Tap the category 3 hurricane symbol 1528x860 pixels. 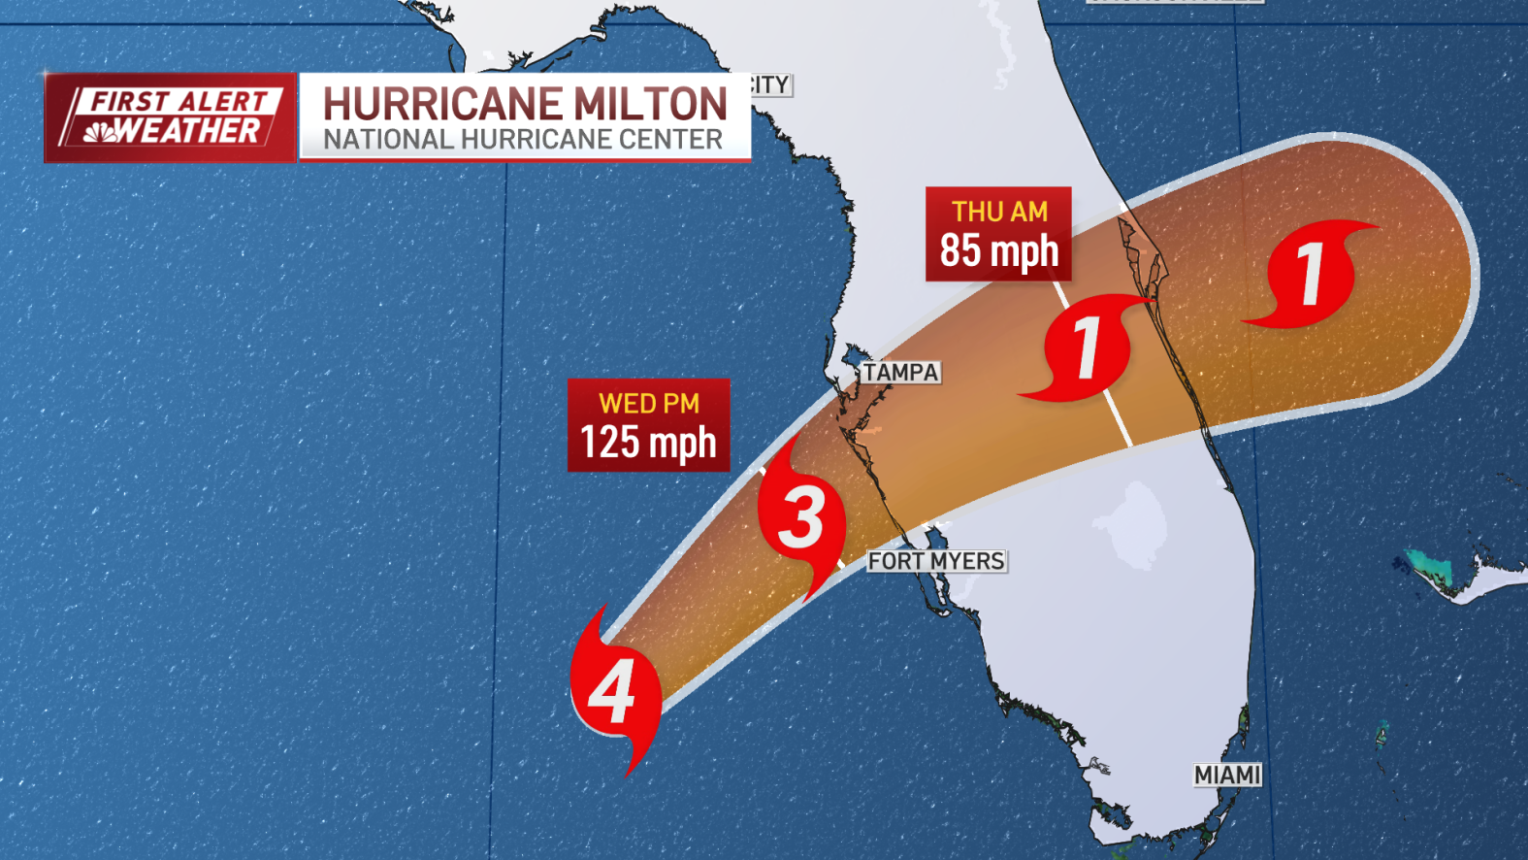(801, 515)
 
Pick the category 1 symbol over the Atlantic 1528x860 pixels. (1311, 274)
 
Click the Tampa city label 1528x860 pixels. (901, 373)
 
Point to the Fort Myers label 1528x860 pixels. (936, 561)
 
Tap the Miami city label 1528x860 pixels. (1227, 775)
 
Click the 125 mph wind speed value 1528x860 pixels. (648, 443)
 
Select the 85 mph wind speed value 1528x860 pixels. (998, 250)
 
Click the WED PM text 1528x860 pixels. (648, 403)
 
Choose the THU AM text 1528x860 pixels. (999, 212)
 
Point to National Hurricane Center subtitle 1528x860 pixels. (523, 140)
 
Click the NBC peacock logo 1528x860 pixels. (99, 132)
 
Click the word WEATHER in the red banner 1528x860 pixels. (188, 131)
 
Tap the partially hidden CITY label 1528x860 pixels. (770, 85)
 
